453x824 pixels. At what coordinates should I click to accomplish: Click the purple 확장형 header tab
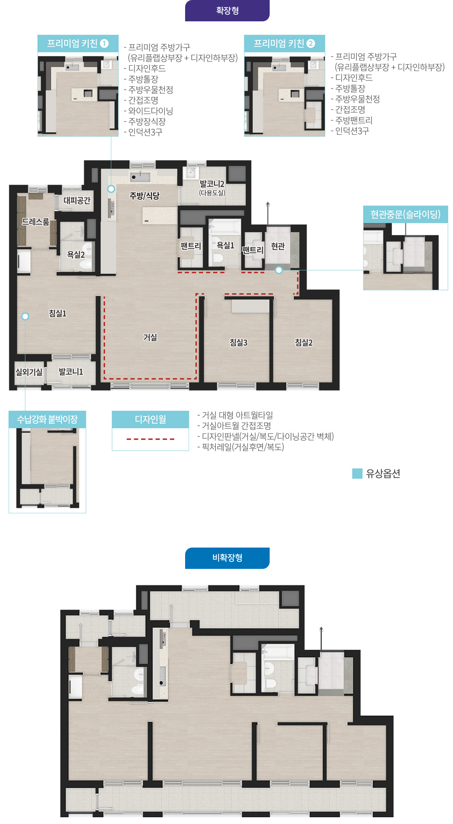[227, 10]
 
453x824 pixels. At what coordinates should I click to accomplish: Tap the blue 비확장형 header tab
[227, 558]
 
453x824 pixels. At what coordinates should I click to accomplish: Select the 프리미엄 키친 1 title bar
[78, 44]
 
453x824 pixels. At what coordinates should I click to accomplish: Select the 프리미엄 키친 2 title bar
[284, 44]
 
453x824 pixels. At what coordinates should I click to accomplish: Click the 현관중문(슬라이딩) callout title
[405, 214]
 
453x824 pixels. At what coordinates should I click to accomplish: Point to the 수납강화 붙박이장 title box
[47, 419]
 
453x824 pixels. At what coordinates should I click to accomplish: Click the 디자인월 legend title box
[150, 419]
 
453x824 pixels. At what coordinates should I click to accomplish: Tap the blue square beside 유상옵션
[357, 473]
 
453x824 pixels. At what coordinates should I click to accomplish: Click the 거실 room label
[150, 337]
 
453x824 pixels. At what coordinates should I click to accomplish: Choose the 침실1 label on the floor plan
[57, 313]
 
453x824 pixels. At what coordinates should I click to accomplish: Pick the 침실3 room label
[239, 342]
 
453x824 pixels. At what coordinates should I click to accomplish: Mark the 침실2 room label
[303, 342]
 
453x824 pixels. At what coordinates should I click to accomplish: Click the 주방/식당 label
[144, 196]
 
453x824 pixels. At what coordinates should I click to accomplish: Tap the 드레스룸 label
[36, 221]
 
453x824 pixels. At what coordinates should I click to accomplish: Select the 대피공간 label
[77, 200]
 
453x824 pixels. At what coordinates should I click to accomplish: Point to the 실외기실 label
[29, 372]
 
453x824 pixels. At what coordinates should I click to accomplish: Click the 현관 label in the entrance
[278, 246]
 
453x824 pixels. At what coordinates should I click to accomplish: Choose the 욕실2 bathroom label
[76, 255]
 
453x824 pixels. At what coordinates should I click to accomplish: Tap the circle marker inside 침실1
[25, 316]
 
